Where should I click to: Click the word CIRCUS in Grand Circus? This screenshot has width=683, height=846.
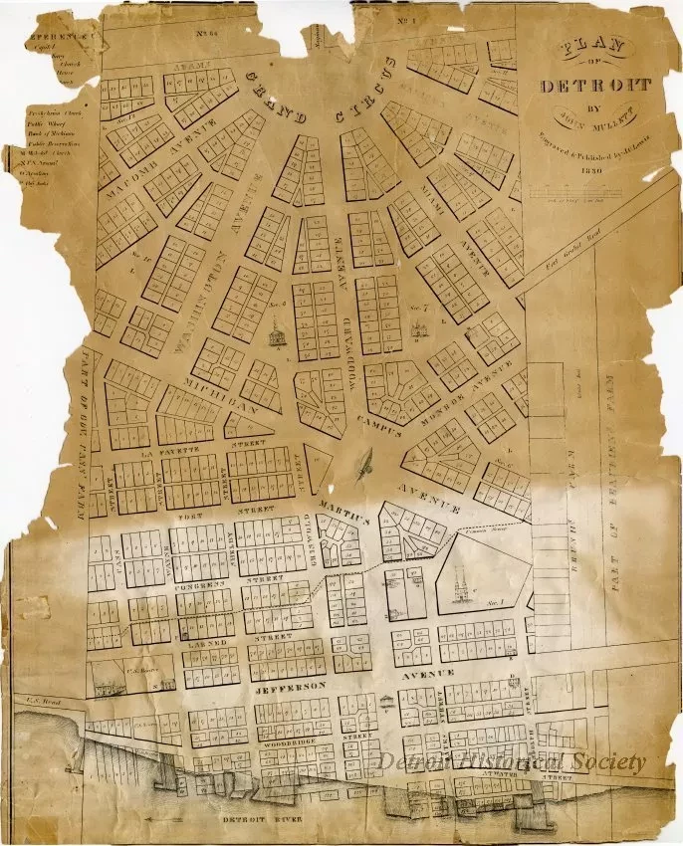tap(382, 84)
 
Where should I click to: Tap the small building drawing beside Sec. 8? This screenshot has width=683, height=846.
tap(276, 334)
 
